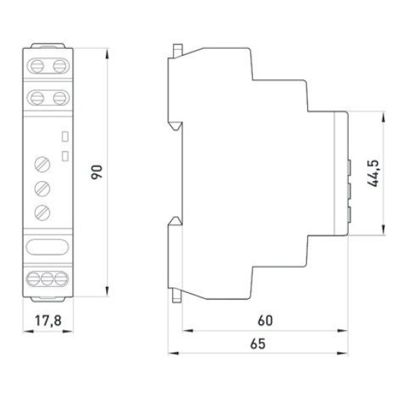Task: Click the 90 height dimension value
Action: (x=96, y=172)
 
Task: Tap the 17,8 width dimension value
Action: (x=48, y=320)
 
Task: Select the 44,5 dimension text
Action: (x=374, y=173)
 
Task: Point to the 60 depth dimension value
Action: (x=265, y=320)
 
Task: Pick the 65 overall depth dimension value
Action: (x=258, y=343)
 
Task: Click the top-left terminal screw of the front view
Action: (x=36, y=66)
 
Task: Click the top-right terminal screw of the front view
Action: (x=60, y=66)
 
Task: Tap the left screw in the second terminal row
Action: (x=36, y=98)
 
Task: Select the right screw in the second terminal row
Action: (x=60, y=98)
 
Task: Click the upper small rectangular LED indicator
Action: (x=65, y=136)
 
